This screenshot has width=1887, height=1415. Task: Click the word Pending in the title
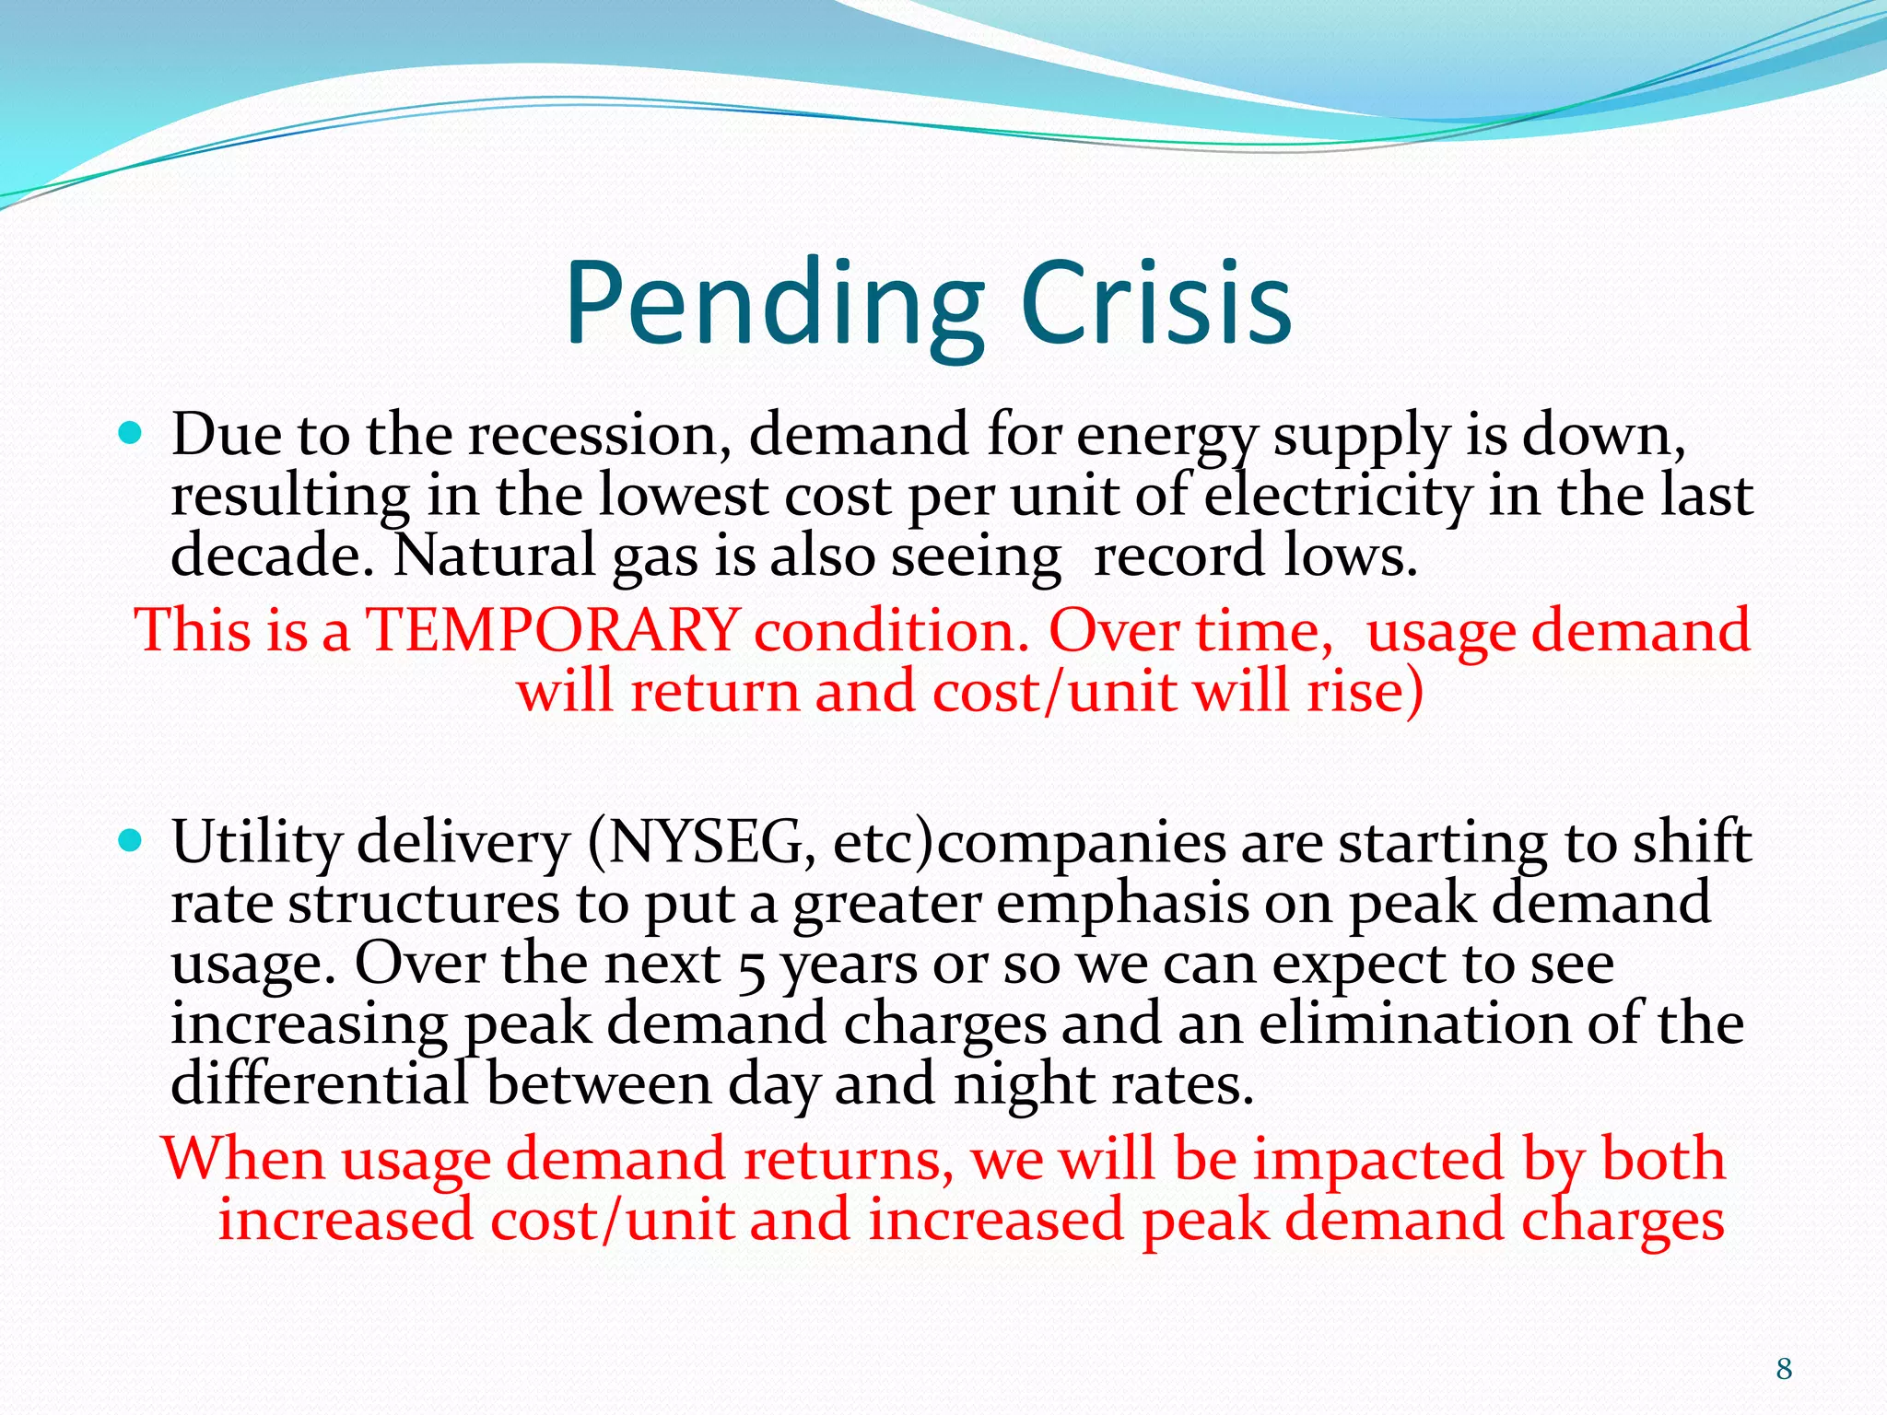point(774,304)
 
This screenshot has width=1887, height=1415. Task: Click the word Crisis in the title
point(1156,304)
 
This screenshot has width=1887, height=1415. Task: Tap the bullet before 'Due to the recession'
point(131,431)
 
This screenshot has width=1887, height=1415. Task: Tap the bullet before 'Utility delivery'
point(131,839)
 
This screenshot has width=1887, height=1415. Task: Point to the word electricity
point(1338,497)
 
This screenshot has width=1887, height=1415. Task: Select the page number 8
point(1784,1369)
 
